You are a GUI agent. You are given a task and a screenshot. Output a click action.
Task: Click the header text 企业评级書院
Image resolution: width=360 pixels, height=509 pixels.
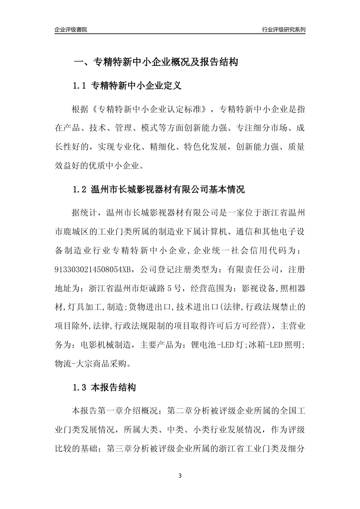71,30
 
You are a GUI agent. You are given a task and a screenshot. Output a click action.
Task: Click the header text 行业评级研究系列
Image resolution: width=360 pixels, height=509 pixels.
283,30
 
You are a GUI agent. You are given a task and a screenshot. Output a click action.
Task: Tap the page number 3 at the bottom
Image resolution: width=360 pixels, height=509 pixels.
180,476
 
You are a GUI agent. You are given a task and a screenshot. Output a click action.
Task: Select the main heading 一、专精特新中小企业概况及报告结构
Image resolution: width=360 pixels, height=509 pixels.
155,62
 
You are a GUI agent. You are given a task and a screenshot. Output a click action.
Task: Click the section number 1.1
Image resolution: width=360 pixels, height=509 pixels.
80,86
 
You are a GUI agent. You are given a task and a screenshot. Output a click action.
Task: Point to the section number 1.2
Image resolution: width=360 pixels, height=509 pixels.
80,190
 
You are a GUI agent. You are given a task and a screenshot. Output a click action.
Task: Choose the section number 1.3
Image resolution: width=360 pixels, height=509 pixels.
80,388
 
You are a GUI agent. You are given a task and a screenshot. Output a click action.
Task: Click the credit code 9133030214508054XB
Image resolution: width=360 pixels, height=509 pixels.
94,270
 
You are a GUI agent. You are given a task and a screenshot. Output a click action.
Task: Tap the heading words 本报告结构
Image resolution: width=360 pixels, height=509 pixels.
114,388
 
